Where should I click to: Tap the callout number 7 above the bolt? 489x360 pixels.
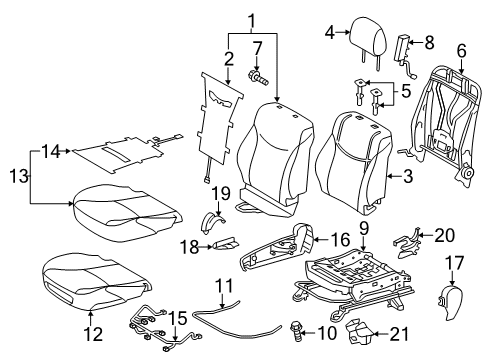point(257,47)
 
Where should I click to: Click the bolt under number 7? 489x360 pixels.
point(257,75)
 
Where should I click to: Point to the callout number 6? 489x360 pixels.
point(461,50)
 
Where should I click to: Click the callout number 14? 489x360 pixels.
point(49,150)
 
